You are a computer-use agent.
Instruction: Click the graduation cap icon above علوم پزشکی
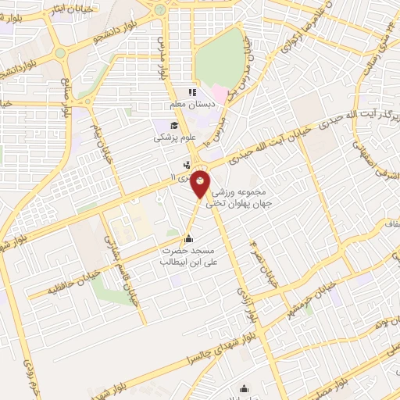tap(172, 126)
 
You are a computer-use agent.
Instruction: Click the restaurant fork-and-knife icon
tap(187, 165)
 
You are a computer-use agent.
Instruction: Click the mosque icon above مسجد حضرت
tap(187, 238)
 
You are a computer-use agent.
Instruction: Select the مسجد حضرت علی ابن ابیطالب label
tap(188, 257)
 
